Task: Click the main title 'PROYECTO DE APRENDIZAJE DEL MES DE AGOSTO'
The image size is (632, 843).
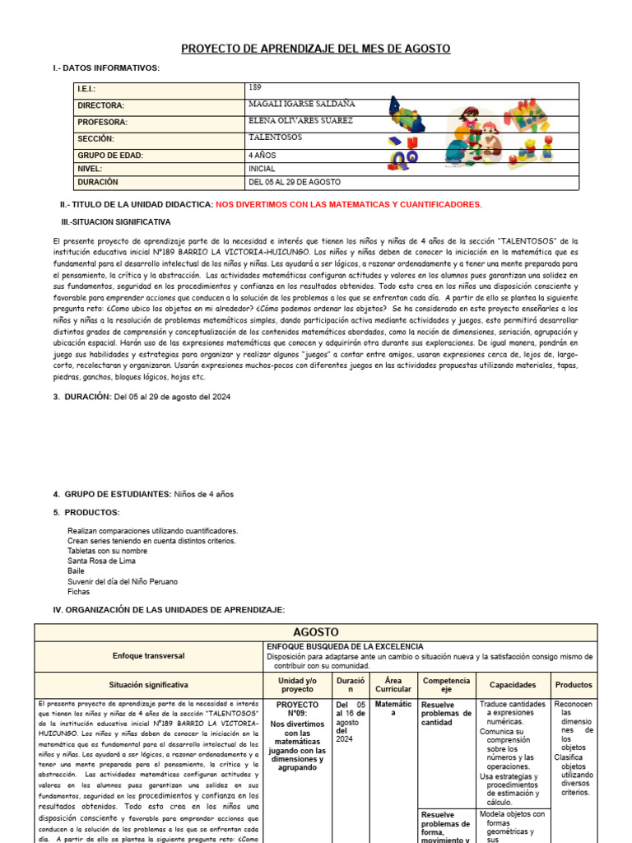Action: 315,49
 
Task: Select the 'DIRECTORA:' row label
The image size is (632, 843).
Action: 101,106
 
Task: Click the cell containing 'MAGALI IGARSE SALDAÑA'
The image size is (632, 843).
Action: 302,105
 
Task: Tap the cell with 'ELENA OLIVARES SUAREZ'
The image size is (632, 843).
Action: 300,121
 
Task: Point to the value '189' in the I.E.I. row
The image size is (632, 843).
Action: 254,87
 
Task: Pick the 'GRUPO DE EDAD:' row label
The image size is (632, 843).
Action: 110,156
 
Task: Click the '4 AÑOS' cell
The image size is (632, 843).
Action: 262,155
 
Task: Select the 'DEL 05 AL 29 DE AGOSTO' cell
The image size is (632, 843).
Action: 294,182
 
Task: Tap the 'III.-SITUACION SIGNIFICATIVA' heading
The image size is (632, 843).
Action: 116,222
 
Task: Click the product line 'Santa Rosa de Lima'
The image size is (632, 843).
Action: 102,560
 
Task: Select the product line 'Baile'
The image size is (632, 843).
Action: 77,571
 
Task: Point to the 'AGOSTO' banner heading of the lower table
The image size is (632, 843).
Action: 315,632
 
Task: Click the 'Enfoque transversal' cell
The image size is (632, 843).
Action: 148,656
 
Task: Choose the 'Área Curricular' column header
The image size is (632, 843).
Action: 393,684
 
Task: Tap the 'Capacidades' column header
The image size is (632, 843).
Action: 512,684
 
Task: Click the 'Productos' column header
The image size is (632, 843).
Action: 574,684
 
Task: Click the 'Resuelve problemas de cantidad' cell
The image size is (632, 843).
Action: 445,714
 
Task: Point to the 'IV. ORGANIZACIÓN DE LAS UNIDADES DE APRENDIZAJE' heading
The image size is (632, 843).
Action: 169,610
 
